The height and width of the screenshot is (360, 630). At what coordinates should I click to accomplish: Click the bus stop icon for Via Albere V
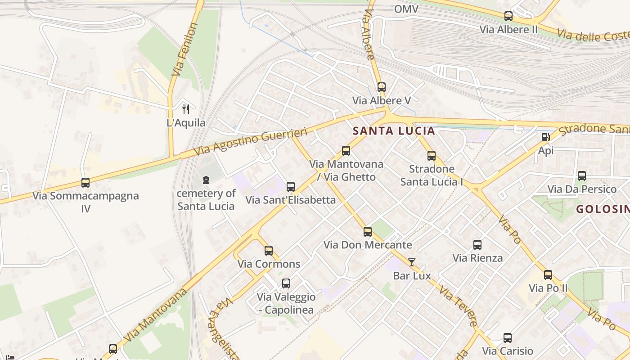click(381, 87)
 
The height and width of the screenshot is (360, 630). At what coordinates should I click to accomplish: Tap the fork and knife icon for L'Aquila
click(185, 109)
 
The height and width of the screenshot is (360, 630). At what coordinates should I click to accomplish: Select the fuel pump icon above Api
click(545, 137)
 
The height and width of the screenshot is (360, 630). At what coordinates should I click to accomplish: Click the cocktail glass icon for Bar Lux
click(412, 262)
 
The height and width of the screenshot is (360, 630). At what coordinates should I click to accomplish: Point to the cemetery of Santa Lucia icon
click(206, 180)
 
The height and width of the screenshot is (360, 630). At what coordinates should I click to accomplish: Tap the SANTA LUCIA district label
click(394, 131)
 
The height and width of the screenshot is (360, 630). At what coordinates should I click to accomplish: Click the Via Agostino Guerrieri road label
click(252, 142)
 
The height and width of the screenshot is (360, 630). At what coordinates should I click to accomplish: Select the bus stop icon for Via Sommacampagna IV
click(85, 183)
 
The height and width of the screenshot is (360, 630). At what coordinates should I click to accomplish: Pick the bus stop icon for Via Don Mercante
click(368, 232)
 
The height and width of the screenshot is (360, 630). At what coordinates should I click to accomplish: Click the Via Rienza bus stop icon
click(477, 245)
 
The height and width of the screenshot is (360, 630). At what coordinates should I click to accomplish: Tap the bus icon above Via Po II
click(548, 275)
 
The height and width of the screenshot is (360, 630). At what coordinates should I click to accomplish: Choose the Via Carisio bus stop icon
click(508, 338)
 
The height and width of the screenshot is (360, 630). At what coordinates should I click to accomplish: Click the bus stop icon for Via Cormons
click(269, 251)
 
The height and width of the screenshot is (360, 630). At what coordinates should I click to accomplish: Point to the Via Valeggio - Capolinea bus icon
click(286, 283)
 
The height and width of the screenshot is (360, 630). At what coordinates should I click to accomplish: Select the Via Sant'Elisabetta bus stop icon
click(291, 186)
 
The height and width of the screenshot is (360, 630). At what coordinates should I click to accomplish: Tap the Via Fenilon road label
click(185, 49)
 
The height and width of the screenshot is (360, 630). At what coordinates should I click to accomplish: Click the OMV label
click(406, 9)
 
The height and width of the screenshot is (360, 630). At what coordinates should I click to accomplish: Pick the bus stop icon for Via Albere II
click(508, 16)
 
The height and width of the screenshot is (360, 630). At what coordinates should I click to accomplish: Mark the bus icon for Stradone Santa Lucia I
click(432, 156)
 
